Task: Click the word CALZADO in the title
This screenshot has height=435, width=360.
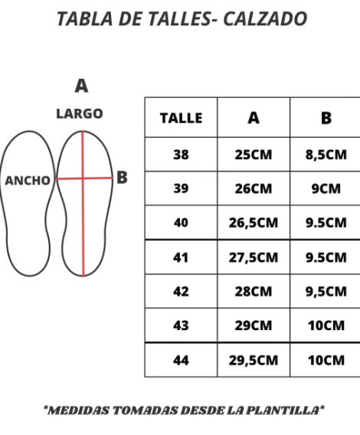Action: click(265, 19)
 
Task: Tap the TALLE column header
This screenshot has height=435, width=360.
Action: click(181, 118)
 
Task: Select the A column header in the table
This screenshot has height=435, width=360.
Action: click(254, 118)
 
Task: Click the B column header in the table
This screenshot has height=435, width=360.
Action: click(326, 118)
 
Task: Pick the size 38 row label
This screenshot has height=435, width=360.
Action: click(181, 155)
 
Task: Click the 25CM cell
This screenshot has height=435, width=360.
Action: click(253, 155)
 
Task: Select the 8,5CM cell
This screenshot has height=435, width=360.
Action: click(326, 155)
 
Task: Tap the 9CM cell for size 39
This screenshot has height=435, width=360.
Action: click(326, 188)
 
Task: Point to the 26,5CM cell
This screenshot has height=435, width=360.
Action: click(253, 223)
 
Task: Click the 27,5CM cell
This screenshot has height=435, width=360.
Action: click(253, 257)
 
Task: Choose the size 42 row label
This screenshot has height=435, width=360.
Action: click(181, 292)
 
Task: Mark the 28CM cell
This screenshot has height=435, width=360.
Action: click(253, 292)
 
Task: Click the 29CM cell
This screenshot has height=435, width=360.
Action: click(253, 325)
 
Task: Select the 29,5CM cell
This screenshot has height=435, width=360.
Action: click(253, 361)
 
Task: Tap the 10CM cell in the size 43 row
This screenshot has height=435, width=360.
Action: click(326, 325)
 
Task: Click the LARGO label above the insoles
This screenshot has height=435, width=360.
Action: click(80, 114)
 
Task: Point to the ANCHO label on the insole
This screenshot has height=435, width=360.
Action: click(28, 181)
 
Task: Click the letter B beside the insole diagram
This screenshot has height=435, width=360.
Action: click(122, 177)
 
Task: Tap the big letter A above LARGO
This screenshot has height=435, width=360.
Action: click(81, 86)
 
